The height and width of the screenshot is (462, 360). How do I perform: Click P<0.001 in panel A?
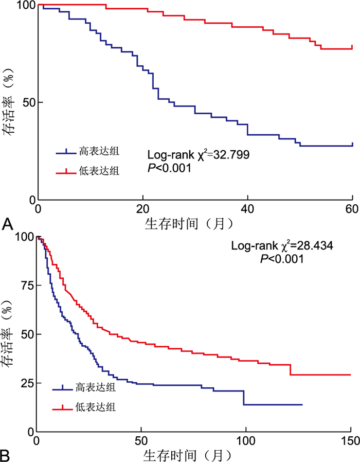(170, 167)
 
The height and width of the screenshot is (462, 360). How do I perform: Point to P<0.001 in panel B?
(282, 259)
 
